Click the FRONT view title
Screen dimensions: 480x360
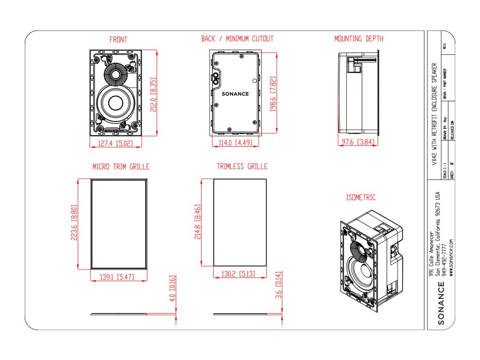click(x=118, y=40)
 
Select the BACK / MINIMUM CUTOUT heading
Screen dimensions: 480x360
click(x=237, y=39)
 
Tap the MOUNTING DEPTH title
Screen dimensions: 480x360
click(x=359, y=39)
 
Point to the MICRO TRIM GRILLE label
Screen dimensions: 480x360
click(x=121, y=166)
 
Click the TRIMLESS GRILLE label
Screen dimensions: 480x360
click(x=242, y=166)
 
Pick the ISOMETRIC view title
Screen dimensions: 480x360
click(x=361, y=198)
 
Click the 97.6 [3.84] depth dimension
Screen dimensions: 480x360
click(x=360, y=142)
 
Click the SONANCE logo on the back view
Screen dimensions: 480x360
click(x=235, y=94)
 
